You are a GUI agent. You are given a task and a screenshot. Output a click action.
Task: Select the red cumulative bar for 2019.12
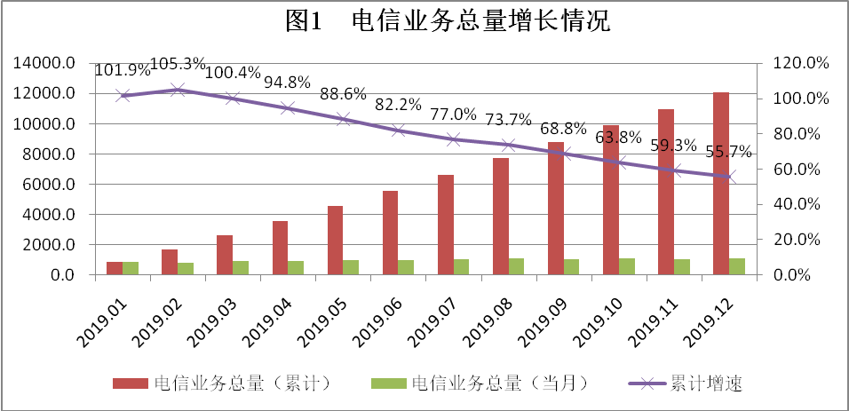click(x=721, y=184)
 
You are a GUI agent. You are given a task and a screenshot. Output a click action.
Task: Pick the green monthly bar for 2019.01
click(x=130, y=268)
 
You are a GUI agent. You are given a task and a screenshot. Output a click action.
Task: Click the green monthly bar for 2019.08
click(x=516, y=266)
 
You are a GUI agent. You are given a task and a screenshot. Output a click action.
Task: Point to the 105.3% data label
click(x=178, y=65)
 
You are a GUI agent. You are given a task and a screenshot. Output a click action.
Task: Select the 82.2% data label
click(x=397, y=106)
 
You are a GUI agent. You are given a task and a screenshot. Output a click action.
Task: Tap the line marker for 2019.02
click(x=178, y=90)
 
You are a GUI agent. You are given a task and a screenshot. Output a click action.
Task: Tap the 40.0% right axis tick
click(x=801, y=204)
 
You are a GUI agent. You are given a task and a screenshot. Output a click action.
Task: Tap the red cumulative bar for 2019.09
click(x=555, y=209)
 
